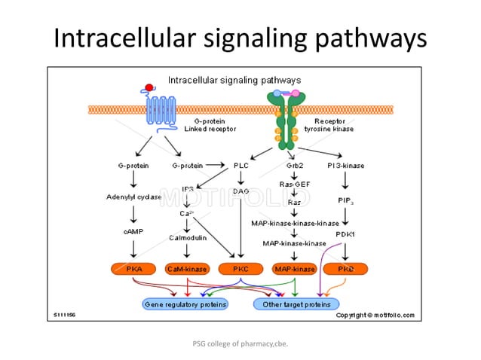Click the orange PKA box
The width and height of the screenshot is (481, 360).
pos(133,268)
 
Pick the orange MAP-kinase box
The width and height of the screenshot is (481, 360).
pos(294,268)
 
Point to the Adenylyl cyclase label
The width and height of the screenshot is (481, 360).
pos(134,197)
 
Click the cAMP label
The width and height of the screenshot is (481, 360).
pos(133,231)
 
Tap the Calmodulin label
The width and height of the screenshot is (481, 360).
pos(186,237)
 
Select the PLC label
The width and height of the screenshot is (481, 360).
pos(240,165)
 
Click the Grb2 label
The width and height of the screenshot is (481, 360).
pos(295,165)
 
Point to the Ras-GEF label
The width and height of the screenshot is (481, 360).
pos(294,184)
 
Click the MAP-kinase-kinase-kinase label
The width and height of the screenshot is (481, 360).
pos(295,223)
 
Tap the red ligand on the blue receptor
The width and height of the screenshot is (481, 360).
pos(149,87)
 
